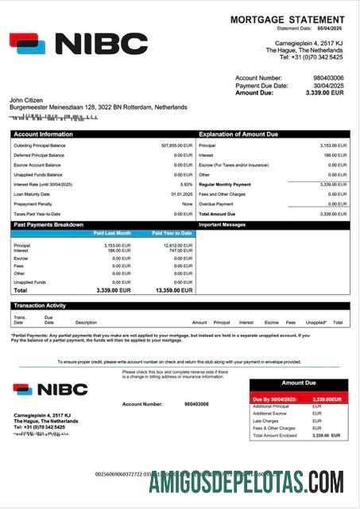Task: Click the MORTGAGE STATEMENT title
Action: [x=289, y=19]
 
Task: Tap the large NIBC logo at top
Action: [x=79, y=44]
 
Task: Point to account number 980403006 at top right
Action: [x=327, y=78]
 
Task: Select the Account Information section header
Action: [x=44, y=134]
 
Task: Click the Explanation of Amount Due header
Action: [x=239, y=134]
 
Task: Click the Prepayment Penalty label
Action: [x=33, y=204]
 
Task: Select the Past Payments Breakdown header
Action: [x=48, y=225]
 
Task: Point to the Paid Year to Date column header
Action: [x=172, y=233]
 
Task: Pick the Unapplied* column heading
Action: [x=315, y=323]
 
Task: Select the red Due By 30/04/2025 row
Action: [x=299, y=399]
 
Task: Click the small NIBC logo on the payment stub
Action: [x=50, y=390]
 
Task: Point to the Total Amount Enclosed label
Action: [x=274, y=436]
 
